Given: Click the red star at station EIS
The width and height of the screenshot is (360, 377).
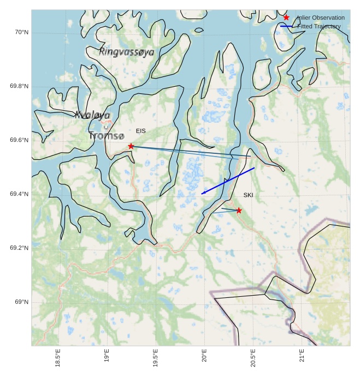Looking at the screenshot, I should point(131,146).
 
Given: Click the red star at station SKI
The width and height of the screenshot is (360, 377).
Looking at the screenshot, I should point(239,210).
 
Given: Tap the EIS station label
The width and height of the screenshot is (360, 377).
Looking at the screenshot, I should point(141,131).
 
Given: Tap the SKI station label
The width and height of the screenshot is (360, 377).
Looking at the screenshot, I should point(249,195).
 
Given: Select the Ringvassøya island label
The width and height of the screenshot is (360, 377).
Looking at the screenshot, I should point(127,52).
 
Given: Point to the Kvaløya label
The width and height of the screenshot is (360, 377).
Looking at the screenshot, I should point(93,115).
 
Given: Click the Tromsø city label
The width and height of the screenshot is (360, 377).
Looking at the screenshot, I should point(107,135).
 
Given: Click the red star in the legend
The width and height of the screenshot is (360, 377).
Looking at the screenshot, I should point(286,17).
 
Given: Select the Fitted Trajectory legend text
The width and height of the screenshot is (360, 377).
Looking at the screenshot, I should point(319,26).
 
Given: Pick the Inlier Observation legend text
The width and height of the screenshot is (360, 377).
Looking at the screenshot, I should point(321,17).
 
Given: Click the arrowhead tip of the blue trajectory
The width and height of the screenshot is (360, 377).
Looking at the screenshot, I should point(202,194).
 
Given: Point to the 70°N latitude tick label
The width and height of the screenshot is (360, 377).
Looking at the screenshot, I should point(21,33).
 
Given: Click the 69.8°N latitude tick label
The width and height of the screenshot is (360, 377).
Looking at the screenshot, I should point(19,87).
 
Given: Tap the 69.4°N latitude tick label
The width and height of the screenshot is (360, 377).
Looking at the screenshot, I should point(19,194).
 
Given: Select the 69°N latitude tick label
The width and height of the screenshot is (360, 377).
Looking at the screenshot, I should point(21,302).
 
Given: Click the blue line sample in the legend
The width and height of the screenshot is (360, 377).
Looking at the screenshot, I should point(286,26).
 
